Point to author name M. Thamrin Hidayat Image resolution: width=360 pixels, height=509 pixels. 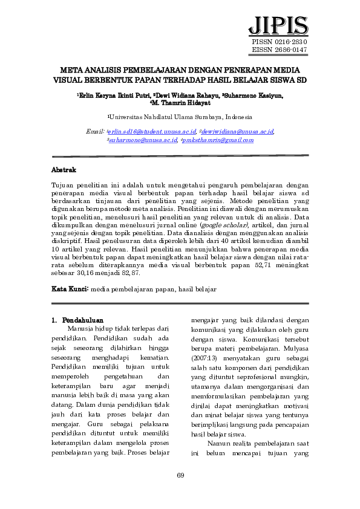pos(180,103)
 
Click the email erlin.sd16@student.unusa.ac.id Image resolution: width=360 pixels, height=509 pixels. pos(152,131)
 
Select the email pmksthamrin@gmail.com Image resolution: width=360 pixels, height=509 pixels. pos(221,140)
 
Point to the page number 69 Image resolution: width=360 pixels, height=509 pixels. pos(180,476)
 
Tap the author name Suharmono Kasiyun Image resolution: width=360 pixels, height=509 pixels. pos(254,96)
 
